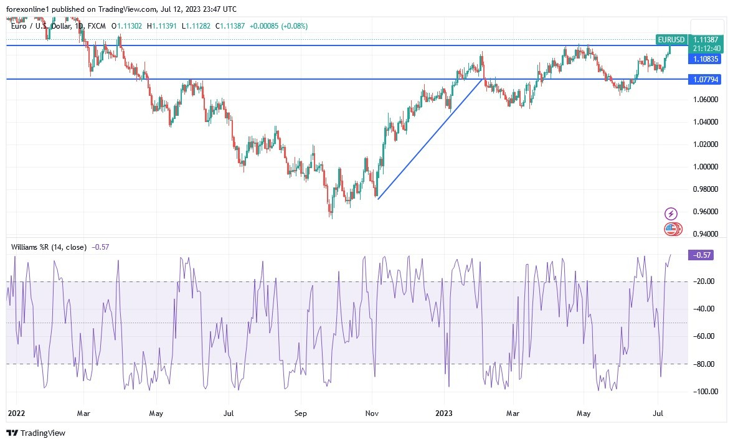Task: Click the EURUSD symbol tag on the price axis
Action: [671, 39]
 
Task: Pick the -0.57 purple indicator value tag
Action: [700, 255]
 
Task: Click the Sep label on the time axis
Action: [300, 413]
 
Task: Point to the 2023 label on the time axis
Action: [444, 413]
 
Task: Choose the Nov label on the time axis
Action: [372, 413]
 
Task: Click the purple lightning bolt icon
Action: [671, 214]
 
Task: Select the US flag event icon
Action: [671, 229]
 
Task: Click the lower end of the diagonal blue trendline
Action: [378, 198]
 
